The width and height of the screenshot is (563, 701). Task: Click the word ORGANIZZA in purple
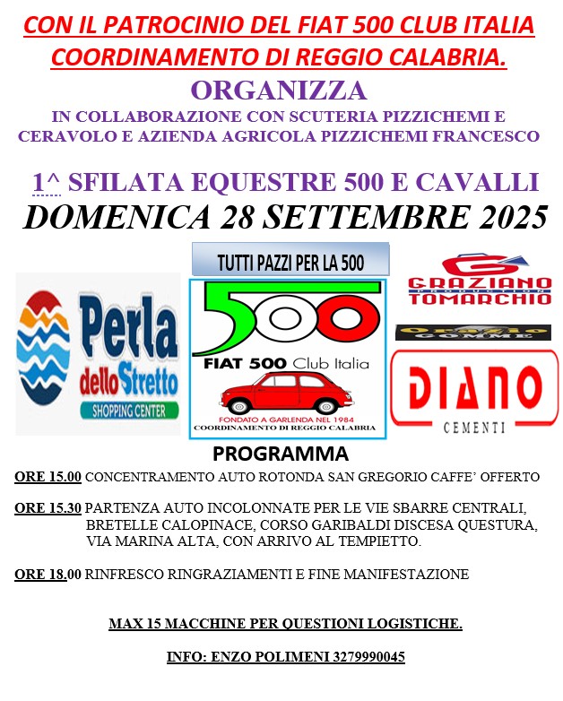(x=279, y=91)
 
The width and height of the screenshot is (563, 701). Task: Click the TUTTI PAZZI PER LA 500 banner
(x=290, y=262)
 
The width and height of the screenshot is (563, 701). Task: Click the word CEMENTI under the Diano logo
(x=474, y=428)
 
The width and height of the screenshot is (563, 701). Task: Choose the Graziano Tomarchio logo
(x=480, y=281)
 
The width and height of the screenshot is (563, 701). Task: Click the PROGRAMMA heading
(x=281, y=454)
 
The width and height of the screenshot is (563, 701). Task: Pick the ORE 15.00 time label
(x=48, y=476)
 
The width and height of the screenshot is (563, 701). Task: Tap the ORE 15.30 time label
(x=48, y=508)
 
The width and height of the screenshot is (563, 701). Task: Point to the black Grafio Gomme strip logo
(x=473, y=332)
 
